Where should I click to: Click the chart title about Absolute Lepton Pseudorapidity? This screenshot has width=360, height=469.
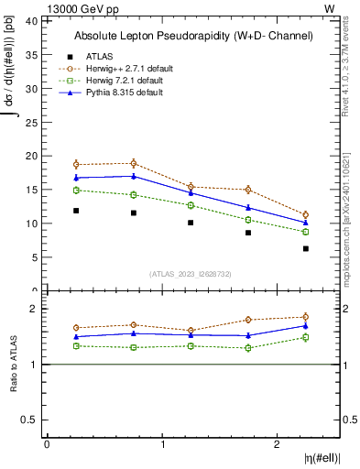[x=192, y=37]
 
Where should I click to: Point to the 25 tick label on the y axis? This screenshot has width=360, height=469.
[x=29, y=122]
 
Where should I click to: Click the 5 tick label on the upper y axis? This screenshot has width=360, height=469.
[x=32, y=257]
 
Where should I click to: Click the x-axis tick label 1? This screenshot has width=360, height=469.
[x=162, y=444]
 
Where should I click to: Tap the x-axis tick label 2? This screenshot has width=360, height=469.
[x=278, y=444]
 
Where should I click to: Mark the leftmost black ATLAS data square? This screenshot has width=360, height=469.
[x=76, y=211]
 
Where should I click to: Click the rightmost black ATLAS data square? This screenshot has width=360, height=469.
[x=306, y=248]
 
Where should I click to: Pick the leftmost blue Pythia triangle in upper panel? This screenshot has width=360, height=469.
[x=76, y=178]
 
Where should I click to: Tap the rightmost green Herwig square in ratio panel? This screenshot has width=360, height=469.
[x=306, y=337]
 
